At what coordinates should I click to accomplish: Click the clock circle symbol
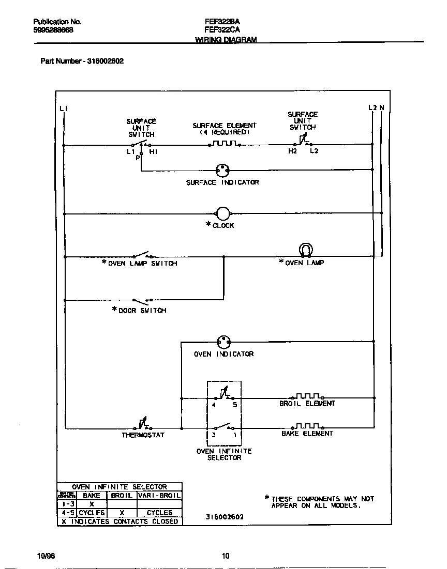click(x=222, y=213)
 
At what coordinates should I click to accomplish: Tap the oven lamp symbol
click(x=305, y=250)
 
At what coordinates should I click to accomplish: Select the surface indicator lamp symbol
click(x=222, y=170)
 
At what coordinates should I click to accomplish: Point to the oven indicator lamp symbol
click(x=224, y=342)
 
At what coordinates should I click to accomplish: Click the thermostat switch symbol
click(x=143, y=424)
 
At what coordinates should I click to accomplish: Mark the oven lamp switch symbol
click(x=142, y=255)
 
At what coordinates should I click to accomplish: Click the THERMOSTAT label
click(x=143, y=435)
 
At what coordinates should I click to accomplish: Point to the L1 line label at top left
click(x=64, y=108)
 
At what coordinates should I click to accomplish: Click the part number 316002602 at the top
click(x=105, y=61)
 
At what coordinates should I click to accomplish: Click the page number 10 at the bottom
click(x=225, y=556)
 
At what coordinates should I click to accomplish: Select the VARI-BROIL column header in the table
click(x=159, y=495)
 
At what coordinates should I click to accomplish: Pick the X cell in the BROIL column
click(x=122, y=513)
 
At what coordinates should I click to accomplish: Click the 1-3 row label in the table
click(x=67, y=504)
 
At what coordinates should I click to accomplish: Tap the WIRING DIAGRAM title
click(x=226, y=40)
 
